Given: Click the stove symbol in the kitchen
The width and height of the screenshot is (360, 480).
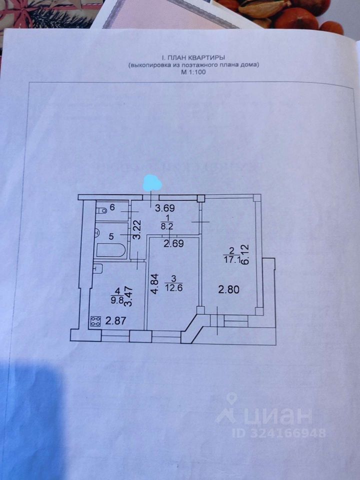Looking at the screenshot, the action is coord(95,322).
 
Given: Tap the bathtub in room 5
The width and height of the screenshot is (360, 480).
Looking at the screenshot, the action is coord(110,249).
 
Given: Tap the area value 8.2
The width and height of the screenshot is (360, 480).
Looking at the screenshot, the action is coord(167,225).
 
